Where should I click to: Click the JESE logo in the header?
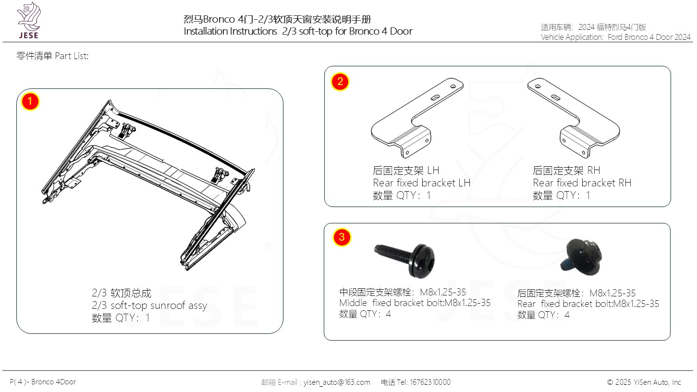(29, 21)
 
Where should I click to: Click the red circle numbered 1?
(30, 101)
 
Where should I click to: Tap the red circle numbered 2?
(340, 82)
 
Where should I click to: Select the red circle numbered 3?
(342, 237)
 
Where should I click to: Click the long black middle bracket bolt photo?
(404, 260)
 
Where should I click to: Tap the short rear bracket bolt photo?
(581, 257)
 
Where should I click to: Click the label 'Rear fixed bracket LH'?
(422, 183)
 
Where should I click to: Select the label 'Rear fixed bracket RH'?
(582, 183)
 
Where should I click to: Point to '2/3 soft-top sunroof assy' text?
(149, 306)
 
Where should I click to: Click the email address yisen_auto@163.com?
(337, 382)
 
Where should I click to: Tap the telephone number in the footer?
(430, 382)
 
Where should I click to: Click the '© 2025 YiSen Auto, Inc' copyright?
(644, 382)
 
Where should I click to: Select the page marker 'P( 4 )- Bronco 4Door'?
(43, 382)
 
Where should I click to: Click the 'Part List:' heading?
(72, 56)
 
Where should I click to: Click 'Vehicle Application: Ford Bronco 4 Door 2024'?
(615, 37)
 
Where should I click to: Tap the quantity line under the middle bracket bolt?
(365, 314)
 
